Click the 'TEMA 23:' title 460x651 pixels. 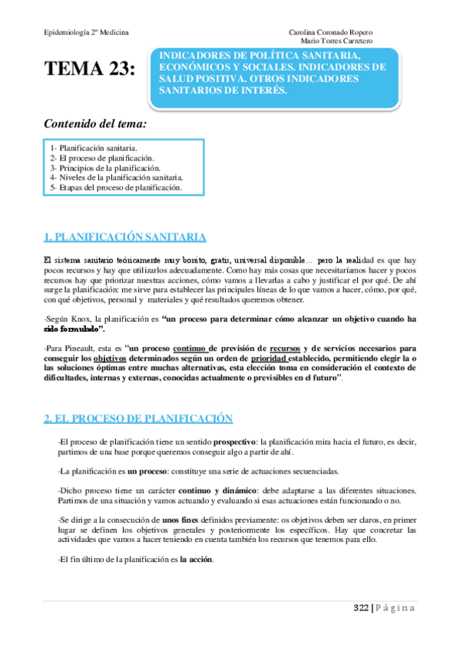(x=90, y=69)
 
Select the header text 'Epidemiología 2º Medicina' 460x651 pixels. (x=84, y=32)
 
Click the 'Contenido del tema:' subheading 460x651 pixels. (x=95, y=123)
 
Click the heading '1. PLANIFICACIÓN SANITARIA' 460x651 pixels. (x=124, y=236)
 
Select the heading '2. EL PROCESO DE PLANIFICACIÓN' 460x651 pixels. (x=138, y=418)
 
